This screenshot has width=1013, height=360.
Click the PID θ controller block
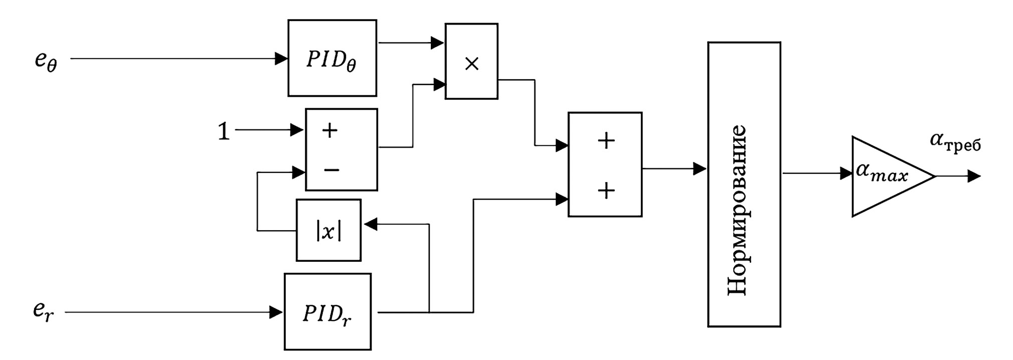pyautogui.click(x=332, y=58)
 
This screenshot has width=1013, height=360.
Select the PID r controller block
pyautogui.click(x=327, y=311)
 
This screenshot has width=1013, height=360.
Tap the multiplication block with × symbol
pyautogui.click(x=471, y=61)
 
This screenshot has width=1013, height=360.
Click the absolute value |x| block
pyautogui.click(x=328, y=230)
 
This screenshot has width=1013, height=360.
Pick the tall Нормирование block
pyautogui.click(x=744, y=184)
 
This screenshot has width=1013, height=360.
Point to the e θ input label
pyautogui.click(x=46, y=61)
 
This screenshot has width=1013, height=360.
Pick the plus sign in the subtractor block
pyautogui.click(x=330, y=131)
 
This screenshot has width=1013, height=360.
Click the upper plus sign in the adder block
pyautogui.click(x=606, y=141)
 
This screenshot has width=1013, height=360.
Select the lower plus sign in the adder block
pyautogui.click(x=606, y=191)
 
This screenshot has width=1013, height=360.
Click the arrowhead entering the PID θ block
pyautogui.click(x=281, y=59)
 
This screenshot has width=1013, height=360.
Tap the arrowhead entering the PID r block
pyautogui.click(x=276, y=312)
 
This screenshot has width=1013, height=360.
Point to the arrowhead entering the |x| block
pyautogui.click(x=371, y=224)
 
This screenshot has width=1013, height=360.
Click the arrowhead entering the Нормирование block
pyautogui.click(x=700, y=169)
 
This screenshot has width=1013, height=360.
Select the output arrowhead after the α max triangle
pyautogui.click(x=974, y=176)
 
